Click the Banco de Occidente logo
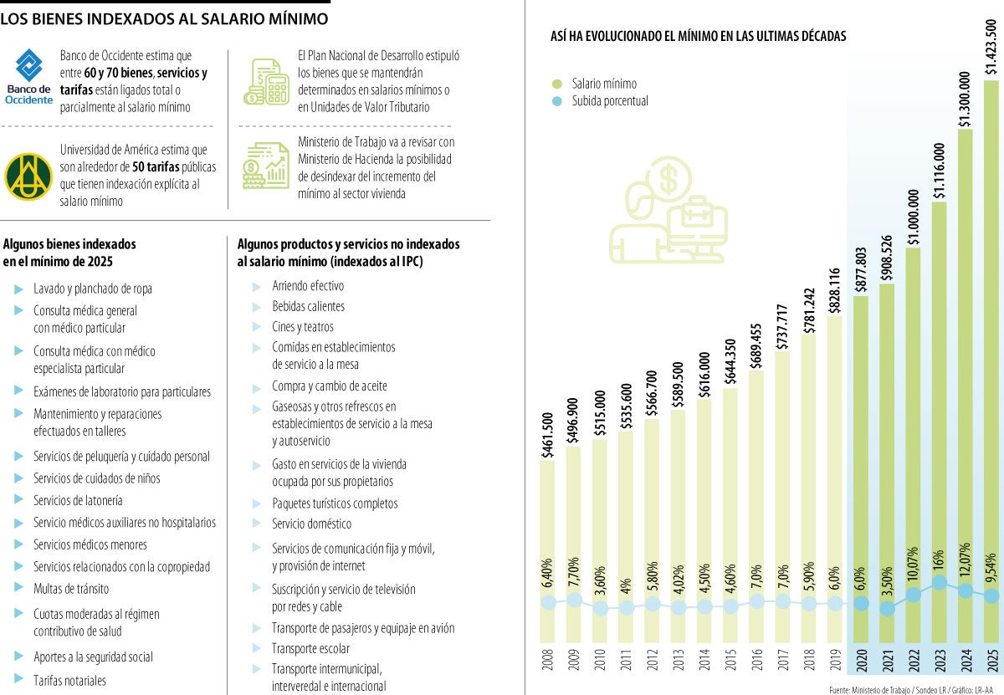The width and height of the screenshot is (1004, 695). pos(28,77)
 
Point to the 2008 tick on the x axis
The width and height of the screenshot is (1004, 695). pos(547,660)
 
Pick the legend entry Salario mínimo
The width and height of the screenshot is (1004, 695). pos(603,84)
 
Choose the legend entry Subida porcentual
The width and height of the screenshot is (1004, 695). pos(609,101)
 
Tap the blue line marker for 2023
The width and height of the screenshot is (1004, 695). pos(940,583)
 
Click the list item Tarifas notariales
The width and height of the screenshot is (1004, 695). pos(69,681)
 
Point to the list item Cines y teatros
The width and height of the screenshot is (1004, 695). pos(302,327)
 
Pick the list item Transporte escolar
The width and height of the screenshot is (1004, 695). pos(310,648)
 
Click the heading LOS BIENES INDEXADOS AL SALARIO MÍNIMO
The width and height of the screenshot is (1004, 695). pos(164,18)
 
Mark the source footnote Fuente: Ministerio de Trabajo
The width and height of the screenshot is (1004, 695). pos(915,689)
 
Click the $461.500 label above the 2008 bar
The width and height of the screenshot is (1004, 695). pos(547,434)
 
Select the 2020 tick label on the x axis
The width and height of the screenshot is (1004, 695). pos(861,660)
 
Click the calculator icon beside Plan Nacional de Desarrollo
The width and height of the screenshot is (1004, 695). pos(265,81)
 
